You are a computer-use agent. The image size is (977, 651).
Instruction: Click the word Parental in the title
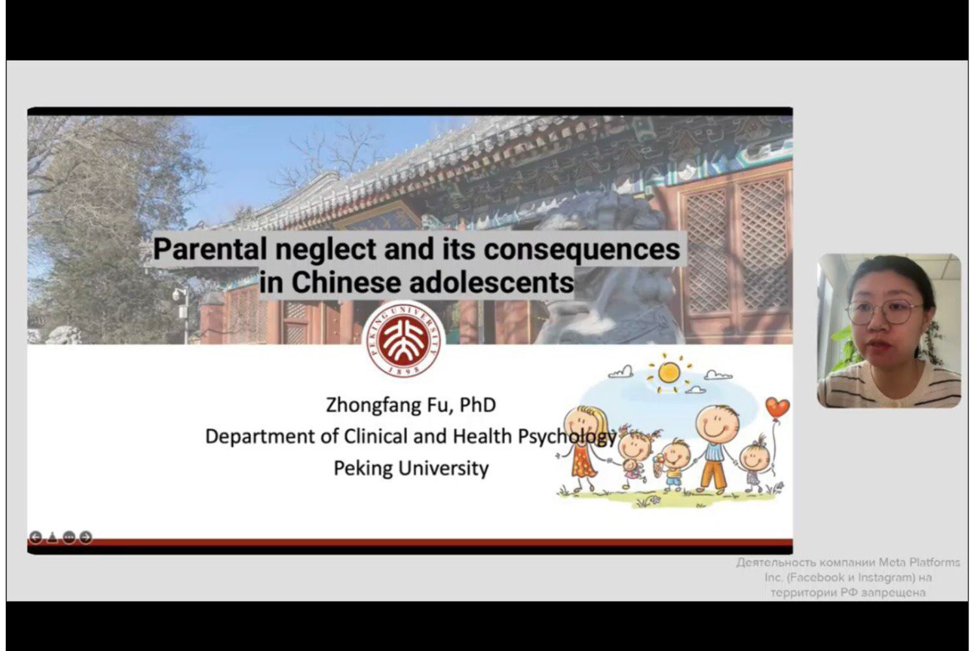(210, 249)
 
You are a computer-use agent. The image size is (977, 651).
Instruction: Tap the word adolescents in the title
(492, 283)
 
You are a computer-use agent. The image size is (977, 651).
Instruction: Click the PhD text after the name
(478, 405)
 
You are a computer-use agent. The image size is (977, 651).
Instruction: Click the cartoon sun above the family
(669, 373)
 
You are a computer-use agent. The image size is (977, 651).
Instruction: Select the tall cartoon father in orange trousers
(715, 449)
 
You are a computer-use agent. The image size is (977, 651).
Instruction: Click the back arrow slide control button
(35, 537)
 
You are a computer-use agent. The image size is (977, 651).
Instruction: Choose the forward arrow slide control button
(86, 537)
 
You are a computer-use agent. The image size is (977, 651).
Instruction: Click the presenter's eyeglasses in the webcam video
(885, 312)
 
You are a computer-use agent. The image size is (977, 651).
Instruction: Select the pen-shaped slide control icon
(52, 537)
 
